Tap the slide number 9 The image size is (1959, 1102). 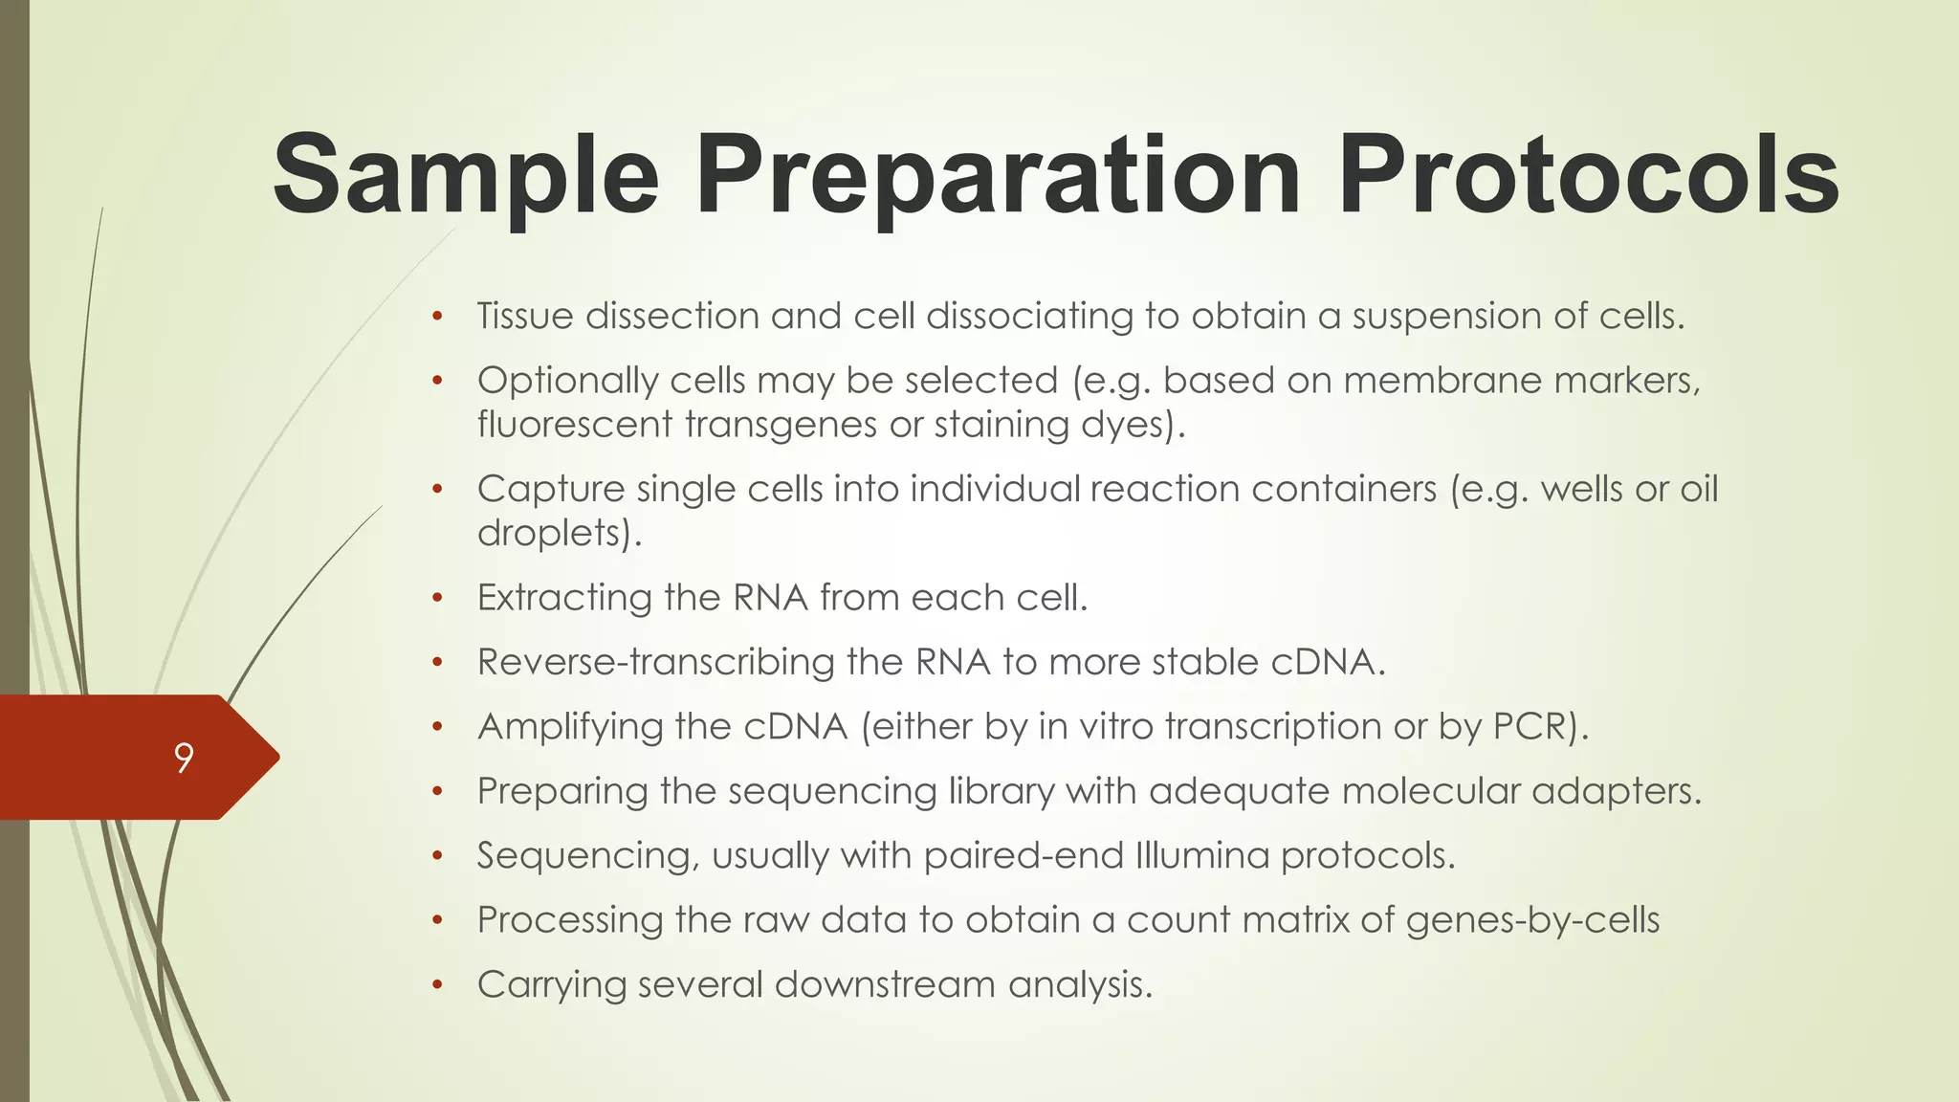click(184, 758)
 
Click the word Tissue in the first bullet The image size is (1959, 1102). click(525, 316)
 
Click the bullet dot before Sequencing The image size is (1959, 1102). click(437, 856)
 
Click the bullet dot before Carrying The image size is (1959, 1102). click(437, 985)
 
